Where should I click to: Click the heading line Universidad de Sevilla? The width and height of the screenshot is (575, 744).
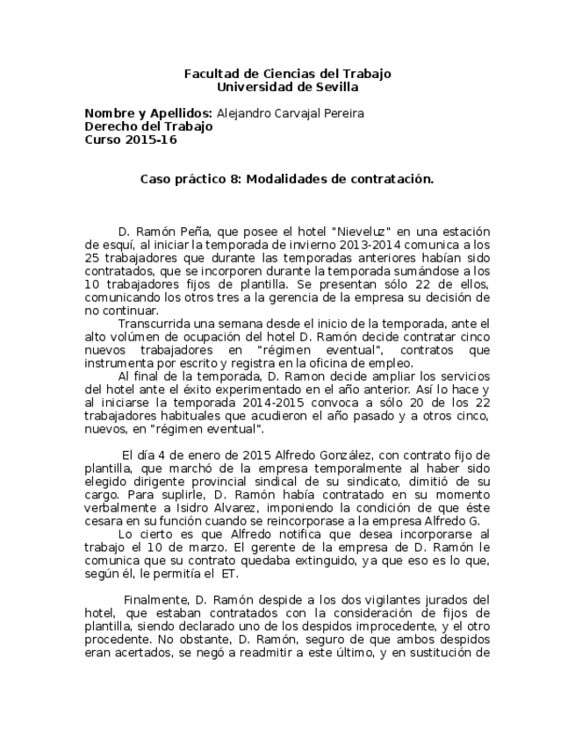(287, 87)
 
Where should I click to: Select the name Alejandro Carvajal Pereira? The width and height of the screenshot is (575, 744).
(290, 113)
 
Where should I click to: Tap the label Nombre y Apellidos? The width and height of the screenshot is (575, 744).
(147, 113)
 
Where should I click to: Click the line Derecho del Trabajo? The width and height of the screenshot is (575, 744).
(147, 126)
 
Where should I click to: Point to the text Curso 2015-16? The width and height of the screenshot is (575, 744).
(124, 139)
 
